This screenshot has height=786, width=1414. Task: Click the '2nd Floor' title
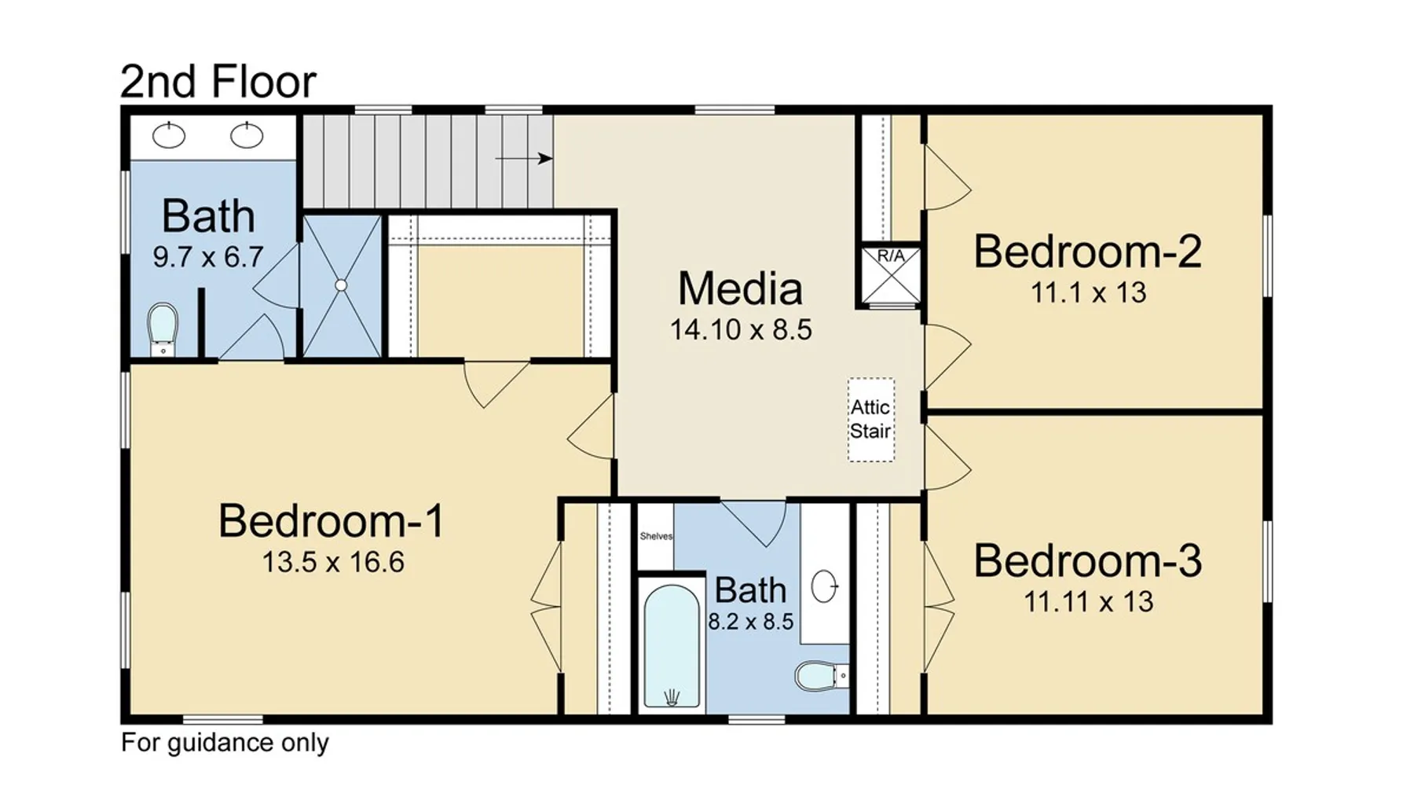(x=218, y=81)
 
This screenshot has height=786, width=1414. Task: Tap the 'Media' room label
(x=740, y=288)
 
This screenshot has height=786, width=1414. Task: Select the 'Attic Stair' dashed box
(x=870, y=420)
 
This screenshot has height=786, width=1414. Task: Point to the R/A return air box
(x=891, y=275)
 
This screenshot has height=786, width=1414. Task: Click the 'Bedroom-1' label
(x=332, y=520)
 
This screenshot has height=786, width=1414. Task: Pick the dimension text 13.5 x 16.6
(x=333, y=563)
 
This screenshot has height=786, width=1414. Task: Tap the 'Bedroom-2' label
(x=1088, y=252)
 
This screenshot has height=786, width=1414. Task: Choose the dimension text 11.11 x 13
(x=1088, y=602)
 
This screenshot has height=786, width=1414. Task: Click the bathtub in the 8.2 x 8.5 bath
(x=672, y=646)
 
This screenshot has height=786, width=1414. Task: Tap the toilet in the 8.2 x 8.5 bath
(x=822, y=675)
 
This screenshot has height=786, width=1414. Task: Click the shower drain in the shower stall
(x=341, y=286)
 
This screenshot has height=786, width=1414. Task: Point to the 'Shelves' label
(x=656, y=537)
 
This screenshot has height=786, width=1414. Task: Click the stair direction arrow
(x=524, y=159)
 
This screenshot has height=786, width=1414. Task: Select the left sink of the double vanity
(x=169, y=135)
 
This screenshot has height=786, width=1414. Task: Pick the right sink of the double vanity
(x=247, y=135)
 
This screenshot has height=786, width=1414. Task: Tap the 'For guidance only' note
(x=225, y=743)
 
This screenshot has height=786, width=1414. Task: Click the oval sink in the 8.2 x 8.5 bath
(x=824, y=586)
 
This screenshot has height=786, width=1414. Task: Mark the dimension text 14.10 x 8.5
(x=741, y=330)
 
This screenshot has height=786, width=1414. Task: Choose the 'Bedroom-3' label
(x=1088, y=560)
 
